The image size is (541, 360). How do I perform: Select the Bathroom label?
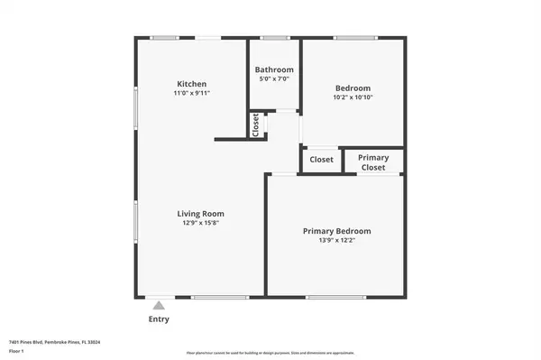tap(274, 69)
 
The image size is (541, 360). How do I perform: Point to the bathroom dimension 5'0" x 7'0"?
tap(274, 79)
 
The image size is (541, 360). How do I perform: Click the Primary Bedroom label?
tap(336, 232)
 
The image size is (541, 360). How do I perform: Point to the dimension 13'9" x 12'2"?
tap(336, 242)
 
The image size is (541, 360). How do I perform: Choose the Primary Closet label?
tap(373, 162)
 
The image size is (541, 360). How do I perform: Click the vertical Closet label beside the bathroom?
tap(256, 125)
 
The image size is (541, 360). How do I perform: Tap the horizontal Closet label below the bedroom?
tap(321, 160)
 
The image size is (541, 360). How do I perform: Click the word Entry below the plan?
tap(158, 319)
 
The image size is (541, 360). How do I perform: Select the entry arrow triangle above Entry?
tap(158, 305)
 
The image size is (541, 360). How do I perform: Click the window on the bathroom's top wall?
tap(274, 38)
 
